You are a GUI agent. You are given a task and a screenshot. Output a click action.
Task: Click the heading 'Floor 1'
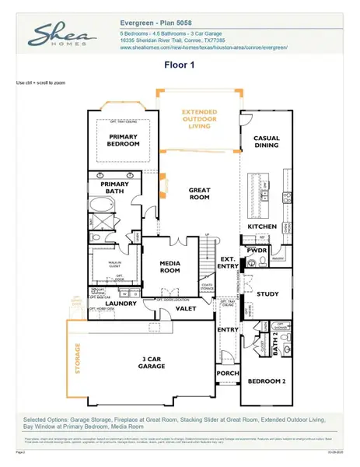[x=180, y=66]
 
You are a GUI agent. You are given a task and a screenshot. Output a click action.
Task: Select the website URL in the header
[x=204, y=47]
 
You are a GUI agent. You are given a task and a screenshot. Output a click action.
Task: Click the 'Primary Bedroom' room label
[x=124, y=140]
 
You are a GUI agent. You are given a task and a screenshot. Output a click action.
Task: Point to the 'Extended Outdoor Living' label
[x=200, y=118]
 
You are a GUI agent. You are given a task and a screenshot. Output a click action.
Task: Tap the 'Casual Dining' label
[x=267, y=142]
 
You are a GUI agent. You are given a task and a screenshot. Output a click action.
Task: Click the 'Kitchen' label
[x=262, y=226]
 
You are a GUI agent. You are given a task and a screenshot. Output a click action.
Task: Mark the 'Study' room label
[x=267, y=294]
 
